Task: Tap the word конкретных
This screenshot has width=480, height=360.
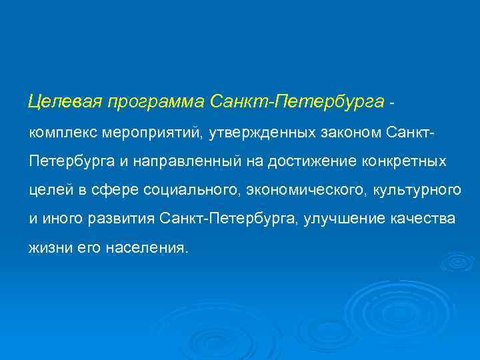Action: [403, 161]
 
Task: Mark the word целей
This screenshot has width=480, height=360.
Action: [51, 191]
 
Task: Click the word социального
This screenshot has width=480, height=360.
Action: [193, 191]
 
